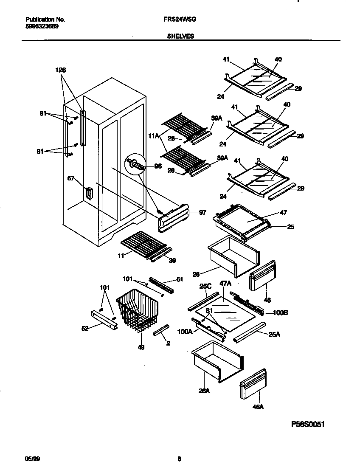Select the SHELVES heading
click(180, 37)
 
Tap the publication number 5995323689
click(42, 26)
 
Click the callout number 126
click(61, 70)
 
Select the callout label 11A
click(153, 136)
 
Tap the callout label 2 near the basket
click(168, 343)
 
